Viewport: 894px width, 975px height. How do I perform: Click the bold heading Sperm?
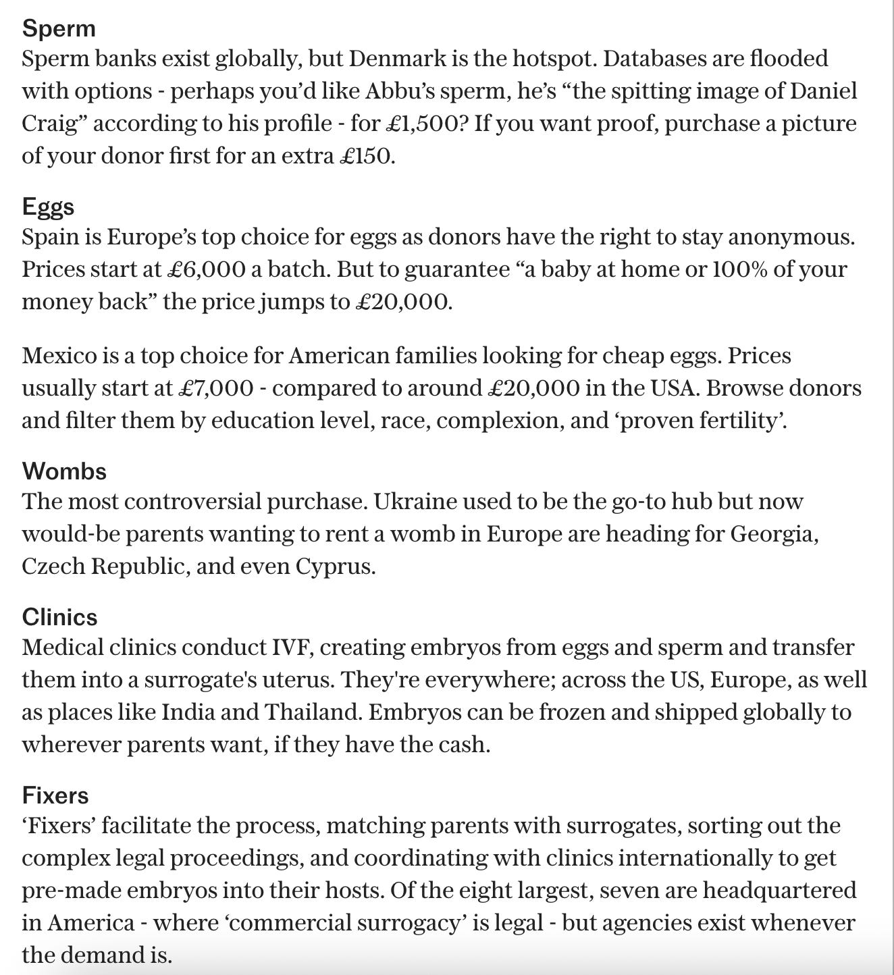click(59, 28)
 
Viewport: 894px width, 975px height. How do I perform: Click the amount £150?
click(367, 156)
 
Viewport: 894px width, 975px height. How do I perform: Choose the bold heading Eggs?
click(48, 206)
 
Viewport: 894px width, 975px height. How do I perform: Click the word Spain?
click(48, 237)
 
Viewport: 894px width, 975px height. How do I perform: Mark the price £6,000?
click(206, 269)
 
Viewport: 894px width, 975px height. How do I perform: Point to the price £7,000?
click(216, 388)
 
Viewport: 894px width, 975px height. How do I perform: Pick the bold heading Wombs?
click(64, 471)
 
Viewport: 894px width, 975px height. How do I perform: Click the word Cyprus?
click(335, 566)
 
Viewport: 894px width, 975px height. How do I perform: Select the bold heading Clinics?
click(59, 616)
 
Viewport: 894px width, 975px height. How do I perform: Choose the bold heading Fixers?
click(55, 795)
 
